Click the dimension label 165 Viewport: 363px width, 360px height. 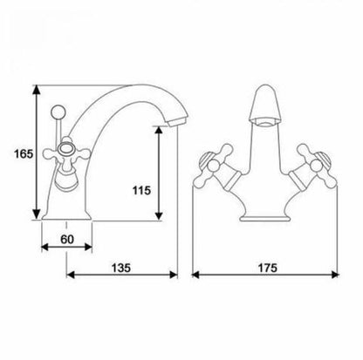(24, 153)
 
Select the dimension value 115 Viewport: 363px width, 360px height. (141, 191)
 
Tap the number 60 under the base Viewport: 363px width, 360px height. (67, 239)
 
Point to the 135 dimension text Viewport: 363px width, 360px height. (121, 268)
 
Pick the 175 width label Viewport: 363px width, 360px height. (268, 268)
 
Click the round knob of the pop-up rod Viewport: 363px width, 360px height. (58, 111)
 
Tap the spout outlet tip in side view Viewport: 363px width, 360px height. (174, 122)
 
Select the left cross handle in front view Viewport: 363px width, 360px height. (216, 166)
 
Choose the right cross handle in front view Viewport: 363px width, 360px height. (312, 166)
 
